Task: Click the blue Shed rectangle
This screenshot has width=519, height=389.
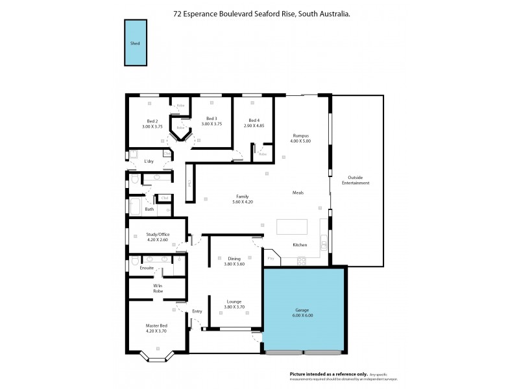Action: tap(134, 42)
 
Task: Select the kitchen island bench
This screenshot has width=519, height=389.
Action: tap(293, 227)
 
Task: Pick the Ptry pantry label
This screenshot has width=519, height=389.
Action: tap(271, 259)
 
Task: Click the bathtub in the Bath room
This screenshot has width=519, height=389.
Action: tap(137, 207)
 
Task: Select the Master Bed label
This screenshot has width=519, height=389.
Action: tap(156, 325)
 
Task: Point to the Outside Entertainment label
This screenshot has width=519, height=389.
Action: tap(359, 180)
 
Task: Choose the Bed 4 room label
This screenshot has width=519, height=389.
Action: tap(254, 120)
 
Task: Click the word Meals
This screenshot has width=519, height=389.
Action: tap(298, 193)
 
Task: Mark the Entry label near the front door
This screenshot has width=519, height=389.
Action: tap(197, 311)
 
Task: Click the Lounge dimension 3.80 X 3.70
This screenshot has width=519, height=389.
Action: tap(234, 307)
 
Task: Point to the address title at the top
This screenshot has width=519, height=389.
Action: tap(262, 12)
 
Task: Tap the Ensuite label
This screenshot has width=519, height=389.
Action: tap(147, 267)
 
